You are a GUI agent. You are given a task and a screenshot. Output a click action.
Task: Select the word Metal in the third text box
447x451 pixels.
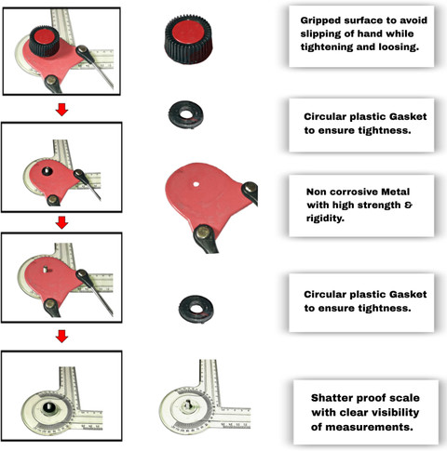pos(395,192)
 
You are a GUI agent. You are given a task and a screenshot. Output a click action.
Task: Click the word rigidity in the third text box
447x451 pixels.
pos(325,219)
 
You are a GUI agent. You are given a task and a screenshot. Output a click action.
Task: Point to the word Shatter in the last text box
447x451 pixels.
pos(331,398)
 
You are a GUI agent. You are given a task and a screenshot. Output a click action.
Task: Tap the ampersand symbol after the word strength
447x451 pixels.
pos(409,205)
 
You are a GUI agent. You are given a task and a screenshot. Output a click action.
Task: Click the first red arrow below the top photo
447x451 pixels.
pos(61,110)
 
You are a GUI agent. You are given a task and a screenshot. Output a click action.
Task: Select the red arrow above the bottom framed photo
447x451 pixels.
pos(61,336)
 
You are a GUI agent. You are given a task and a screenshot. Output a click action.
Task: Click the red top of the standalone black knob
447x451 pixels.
pos(188,33)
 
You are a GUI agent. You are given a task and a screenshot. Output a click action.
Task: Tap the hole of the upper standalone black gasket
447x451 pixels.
pos(186,114)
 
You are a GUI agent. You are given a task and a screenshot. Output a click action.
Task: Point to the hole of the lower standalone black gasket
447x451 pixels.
pos(196,309)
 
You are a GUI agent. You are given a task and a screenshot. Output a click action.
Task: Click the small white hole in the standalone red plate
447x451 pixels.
pos(196,184)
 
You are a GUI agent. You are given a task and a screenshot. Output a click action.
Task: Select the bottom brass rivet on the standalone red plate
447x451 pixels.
pos(203,232)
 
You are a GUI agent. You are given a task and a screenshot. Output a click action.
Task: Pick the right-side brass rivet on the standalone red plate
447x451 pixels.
pos(250,188)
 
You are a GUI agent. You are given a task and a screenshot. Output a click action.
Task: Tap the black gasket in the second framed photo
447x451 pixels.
pos(47,171)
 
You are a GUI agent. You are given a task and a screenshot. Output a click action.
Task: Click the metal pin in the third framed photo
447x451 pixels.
pos(46,270)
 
